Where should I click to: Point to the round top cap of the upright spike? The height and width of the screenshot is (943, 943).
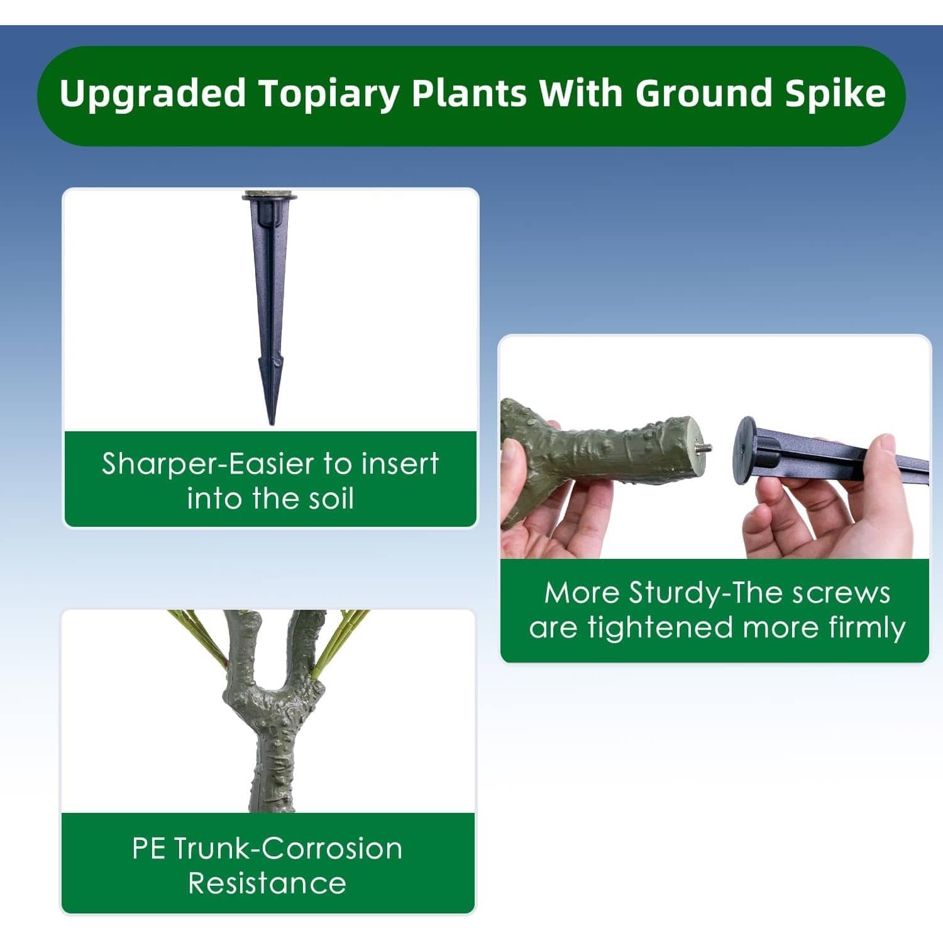click(270, 199)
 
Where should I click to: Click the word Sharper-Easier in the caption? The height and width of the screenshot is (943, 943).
click(207, 464)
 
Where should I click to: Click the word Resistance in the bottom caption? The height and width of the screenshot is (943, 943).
click(267, 883)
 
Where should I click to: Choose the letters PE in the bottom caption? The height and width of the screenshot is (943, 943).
click(148, 849)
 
